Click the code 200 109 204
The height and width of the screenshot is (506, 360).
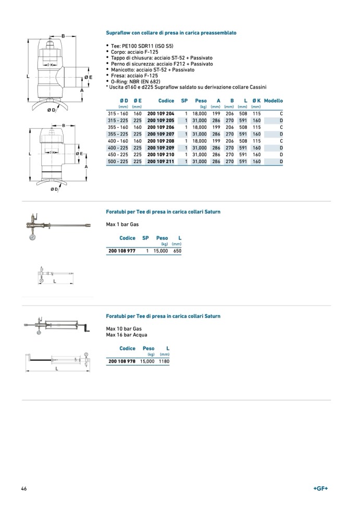coord(160,113)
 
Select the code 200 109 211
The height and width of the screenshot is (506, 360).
coord(160,162)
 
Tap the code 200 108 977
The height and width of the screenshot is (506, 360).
coord(122,251)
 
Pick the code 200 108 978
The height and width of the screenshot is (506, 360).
coord(122,361)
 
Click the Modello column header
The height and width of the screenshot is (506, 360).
coord(274,101)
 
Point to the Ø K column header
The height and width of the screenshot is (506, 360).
coord(256,101)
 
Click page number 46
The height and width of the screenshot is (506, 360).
coord(24,489)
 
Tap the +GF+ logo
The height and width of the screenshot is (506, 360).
coord(321,489)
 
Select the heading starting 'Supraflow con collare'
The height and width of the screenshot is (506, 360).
coord(171,33)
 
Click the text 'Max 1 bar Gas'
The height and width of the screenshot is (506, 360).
coord(122,224)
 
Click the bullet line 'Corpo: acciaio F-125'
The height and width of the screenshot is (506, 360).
coord(136,52)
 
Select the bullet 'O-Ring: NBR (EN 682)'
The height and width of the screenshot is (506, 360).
coord(135,81)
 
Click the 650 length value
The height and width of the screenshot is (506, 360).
coord(177,251)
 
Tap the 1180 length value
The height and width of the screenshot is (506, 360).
coord(164,361)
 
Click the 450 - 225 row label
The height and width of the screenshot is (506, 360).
coord(118,155)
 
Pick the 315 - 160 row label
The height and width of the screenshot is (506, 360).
coord(118,113)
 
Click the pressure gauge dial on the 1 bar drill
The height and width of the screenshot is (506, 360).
coord(33,237)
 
